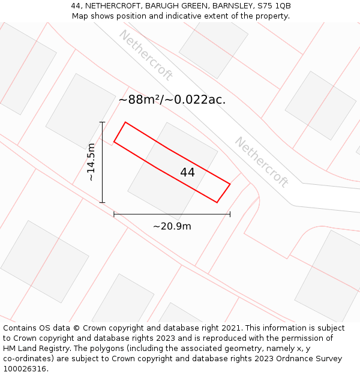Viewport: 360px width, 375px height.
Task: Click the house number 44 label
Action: click(187, 172)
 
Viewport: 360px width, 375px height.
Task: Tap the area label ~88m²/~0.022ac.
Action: click(172, 100)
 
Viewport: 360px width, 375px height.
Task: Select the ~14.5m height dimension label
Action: click(91, 162)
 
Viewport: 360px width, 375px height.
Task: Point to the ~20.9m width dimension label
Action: click(172, 226)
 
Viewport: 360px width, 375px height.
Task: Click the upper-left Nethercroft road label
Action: click(146, 55)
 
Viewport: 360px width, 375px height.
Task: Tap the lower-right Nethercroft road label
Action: click(262, 162)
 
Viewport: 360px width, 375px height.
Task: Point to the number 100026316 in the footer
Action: click(23, 368)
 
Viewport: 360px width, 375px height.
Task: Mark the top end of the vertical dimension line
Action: click(103, 122)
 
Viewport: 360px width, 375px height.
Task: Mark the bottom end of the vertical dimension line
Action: click(103, 202)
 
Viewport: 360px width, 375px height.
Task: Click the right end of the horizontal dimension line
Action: click(230, 214)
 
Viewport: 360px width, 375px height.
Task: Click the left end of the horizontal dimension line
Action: click(114, 214)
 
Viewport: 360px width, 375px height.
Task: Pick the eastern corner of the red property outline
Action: click(230, 184)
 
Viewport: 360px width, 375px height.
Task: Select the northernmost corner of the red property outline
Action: click(125, 122)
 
